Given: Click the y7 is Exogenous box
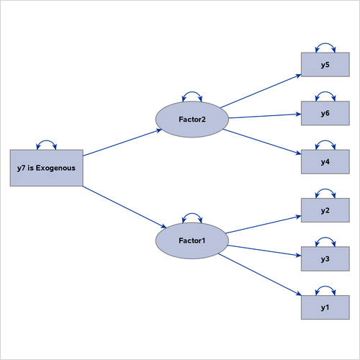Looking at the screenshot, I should point(46,168).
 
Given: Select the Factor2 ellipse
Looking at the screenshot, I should point(192,119).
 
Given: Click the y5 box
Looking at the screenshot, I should point(325,66).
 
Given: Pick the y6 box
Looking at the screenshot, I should point(325,114).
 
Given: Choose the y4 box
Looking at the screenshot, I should point(325,161).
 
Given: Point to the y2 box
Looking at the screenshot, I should point(325,210).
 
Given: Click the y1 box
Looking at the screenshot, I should point(325,307).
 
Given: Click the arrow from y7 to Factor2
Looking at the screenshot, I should point(122,143).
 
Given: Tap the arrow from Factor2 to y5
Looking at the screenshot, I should point(261,90).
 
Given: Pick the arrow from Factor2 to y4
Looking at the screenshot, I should point(263,140).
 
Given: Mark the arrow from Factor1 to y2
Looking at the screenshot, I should point(263,222).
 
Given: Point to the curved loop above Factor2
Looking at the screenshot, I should point(192,94).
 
